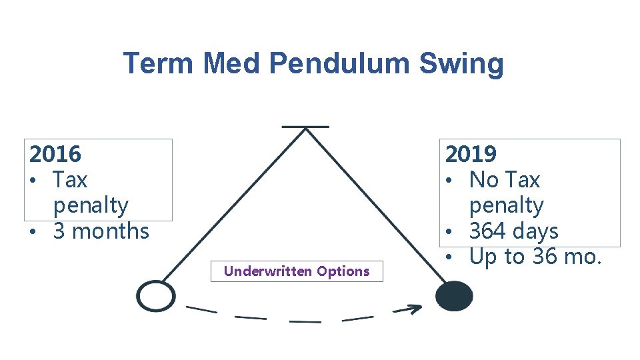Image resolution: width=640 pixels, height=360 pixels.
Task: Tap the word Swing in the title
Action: [461, 64]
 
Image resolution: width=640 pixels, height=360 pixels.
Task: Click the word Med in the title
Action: [233, 64]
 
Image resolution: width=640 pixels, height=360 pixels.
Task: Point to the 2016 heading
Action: [55, 154]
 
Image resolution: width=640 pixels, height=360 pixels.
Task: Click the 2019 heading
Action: [471, 154]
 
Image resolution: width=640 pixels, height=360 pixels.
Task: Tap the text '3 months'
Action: [101, 231]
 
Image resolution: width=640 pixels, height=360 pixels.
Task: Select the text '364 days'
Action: [513, 231]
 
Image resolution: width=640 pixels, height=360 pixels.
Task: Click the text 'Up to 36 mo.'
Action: [535, 256]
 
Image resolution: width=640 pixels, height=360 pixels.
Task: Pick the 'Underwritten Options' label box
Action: [297, 271]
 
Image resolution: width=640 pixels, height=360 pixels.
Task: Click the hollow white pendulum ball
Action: [156, 296]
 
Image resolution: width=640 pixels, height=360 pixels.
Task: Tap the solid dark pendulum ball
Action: [454, 296]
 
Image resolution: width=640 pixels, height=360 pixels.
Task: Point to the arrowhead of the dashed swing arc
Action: [415, 309]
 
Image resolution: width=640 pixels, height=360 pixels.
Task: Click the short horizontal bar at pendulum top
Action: [305, 126]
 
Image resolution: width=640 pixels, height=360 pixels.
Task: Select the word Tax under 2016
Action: [70, 180]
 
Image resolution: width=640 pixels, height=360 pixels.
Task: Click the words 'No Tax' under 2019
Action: [504, 180]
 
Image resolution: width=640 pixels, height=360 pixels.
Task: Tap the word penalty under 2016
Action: [91, 205]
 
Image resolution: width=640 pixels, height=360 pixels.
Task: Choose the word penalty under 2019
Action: [506, 205]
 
